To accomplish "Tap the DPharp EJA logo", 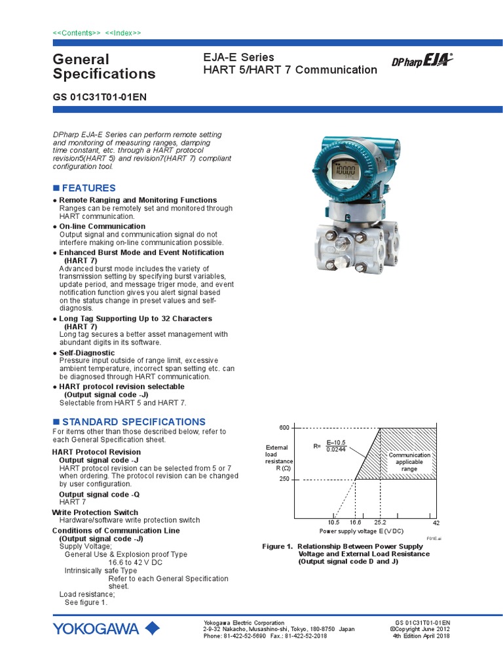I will (422, 61).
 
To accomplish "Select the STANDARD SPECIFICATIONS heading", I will (133, 422).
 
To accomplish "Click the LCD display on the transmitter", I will (343, 172).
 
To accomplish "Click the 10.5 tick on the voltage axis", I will (334, 522).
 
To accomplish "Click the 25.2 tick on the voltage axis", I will (380, 522).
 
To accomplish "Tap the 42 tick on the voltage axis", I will (436, 522).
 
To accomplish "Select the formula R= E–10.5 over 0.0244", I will (332, 446).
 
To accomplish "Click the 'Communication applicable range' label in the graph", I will (409, 462).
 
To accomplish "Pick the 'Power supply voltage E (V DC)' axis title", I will (361, 531).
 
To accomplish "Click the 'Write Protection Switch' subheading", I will (95, 512).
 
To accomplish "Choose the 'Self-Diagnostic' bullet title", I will (86, 353).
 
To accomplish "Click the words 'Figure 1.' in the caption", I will (277, 546).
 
